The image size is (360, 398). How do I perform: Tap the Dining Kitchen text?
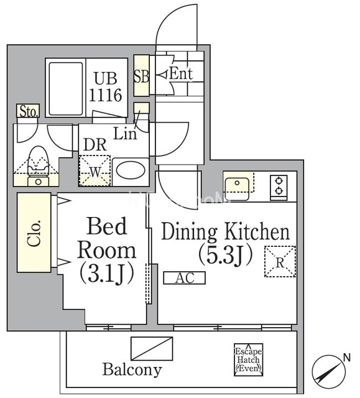(x=226, y=231)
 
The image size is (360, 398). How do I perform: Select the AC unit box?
(x=184, y=278)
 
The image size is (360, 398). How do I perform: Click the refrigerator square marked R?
(x=280, y=261)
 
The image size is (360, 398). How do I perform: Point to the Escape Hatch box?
(x=248, y=359)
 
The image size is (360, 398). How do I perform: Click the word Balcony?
(x=132, y=369)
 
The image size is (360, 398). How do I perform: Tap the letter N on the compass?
(x=346, y=358)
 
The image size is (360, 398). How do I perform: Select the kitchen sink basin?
(x=238, y=185)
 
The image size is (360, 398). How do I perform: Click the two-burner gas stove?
(x=279, y=186)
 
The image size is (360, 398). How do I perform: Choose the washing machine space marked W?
(x=95, y=170)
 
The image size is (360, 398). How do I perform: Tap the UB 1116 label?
(x=106, y=86)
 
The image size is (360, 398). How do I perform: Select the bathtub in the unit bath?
(x=66, y=89)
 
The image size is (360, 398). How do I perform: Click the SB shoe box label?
(x=141, y=76)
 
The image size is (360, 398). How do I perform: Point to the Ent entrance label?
(x=181, y=74)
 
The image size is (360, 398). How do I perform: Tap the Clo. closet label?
(x=34, y=233)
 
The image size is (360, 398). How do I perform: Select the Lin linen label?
(x=125, y=133)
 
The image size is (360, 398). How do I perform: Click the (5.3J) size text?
(x=226, y=255)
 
